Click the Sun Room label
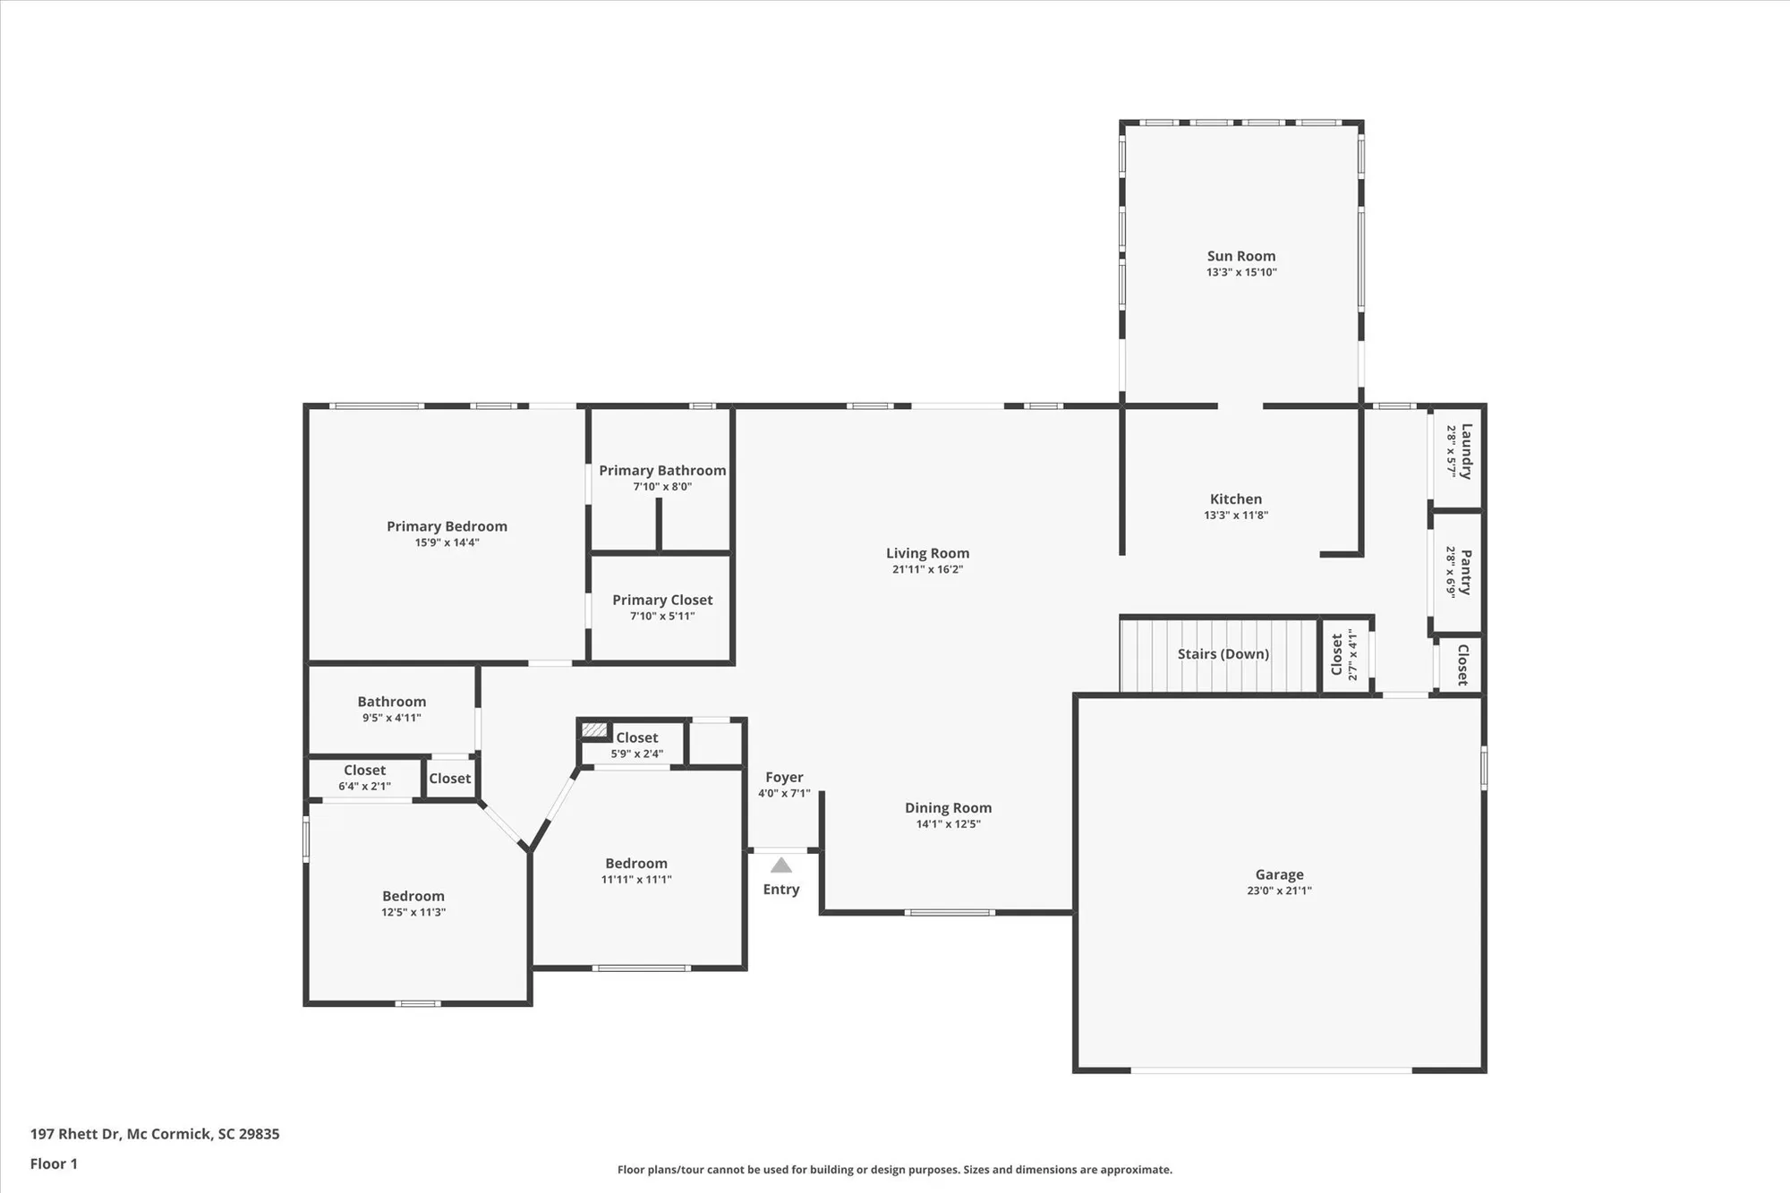(1240, 256)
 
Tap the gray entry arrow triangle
(781, 865)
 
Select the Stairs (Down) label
(1223, 654)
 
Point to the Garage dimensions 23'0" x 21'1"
(1279, 890)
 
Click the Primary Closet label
(662, 600)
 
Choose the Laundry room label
(1466, 451)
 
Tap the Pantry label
(1466, 572)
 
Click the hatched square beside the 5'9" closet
(594, 730)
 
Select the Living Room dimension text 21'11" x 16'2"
(927, 569)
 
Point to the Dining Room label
(948, 807)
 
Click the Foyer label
(784, 777)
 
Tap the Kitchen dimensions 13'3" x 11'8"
(1235, 515)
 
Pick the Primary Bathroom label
(662, 470)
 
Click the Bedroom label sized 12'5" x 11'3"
(413, 896)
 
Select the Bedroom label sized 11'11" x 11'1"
(636, 863)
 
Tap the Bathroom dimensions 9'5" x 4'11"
(391, 718)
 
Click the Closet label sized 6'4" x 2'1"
(364, 770)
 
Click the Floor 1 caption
(54, 1163)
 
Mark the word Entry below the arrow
(781, 889)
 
